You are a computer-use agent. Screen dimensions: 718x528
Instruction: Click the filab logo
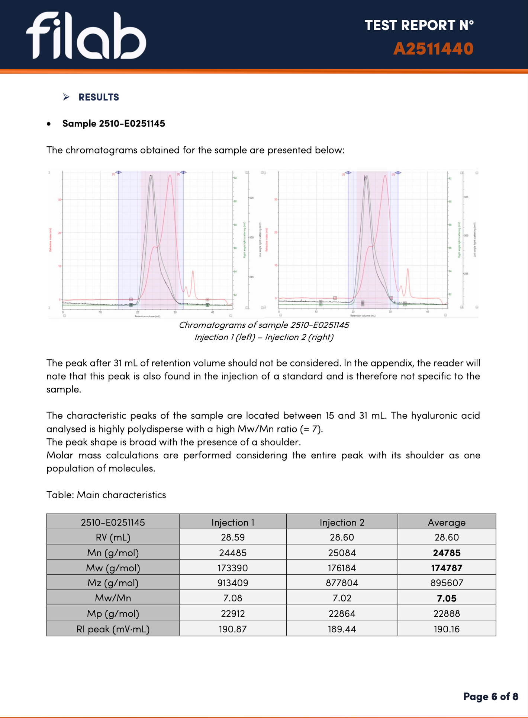pyautogui.click(x=86, y=36)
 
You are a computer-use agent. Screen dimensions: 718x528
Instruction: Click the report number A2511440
pyautogui.click(x=433, y=49)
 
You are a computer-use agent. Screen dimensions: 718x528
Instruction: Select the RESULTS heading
pyautogui.click(x=99, y=97)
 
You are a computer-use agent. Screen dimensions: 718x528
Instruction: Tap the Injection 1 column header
pyautogui.click(x=233, y=522)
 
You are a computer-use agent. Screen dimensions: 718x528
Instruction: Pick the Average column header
pyautogui.click(x=446, y=522)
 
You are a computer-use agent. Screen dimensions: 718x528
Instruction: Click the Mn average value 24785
pyautogui.click(x=446, y=553)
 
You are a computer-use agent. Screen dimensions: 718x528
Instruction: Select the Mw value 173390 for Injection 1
pyautogui.click(x=233, y=568)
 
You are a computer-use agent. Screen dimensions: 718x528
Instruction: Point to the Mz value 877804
pyautogui.click(x=342, y=583)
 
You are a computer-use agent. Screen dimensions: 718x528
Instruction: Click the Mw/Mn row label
pyautogui.click(x=113, y=598)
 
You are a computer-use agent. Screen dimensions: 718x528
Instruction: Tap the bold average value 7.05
pyautogui.click(x=446, y=598)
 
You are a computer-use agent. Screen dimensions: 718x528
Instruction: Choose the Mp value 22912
pyautogui.click(x=233, y=613)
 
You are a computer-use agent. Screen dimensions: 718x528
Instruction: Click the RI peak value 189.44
pyautogui.click(x=342, y=629)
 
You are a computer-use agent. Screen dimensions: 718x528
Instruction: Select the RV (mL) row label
pyautogui.click(x=113, y=537)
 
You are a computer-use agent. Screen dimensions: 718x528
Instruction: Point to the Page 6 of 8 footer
pyautogui.click(x=490, y=696)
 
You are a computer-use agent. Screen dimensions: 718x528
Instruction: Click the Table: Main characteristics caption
pyautogui.click(x=106, y=495)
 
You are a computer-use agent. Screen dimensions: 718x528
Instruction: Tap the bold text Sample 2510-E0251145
pyautogui.click(x=113, y=123)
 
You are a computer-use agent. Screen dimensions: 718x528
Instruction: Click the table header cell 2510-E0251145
pyautogui.click(x=113, y=522)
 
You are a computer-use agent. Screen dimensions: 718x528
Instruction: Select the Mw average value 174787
pyautogui.click(x=446, y=568)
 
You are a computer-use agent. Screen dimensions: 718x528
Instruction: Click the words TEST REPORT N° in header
pyautogui.click(x=419, y=25)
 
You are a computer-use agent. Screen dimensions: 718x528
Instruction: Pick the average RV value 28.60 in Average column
pyautogui.click(x=446, y=537)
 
